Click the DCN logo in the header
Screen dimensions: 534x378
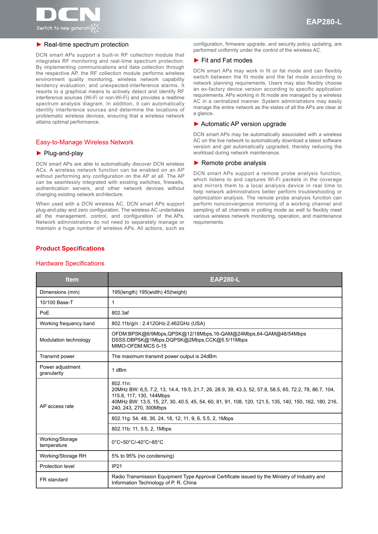[x=68, y=19]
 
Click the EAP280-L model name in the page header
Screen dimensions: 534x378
[x=324, y=22]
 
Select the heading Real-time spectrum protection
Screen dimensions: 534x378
[x=86, y=45]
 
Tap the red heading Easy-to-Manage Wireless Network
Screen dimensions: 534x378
[x=85, y=142]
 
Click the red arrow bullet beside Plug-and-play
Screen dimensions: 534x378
[x=39, y=153]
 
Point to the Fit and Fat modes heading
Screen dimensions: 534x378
[x=227, y=60]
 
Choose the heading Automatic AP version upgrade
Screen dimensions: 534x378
[x=243, y=124]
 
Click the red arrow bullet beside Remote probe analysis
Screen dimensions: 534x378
[x=196, y=163]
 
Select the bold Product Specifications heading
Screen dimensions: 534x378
[x=70, y=248]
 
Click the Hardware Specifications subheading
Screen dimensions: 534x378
[x=70, y=263]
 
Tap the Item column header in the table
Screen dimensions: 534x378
[x=72, y=279]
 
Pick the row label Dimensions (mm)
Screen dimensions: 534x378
[x=60, y=292]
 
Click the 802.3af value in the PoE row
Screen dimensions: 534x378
[x=120, y=313]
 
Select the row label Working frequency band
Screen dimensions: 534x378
[x=67, y=323]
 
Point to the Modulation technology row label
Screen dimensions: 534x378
[x=65, y=340]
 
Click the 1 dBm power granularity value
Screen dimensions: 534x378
[x=119, y=370]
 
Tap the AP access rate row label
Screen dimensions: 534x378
[x=57, y=406]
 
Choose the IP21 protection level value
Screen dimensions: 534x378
[x=117, y=466]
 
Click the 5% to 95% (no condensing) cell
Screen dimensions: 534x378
[x=143, y=456]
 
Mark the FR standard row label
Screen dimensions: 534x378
[x=54, y=480]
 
